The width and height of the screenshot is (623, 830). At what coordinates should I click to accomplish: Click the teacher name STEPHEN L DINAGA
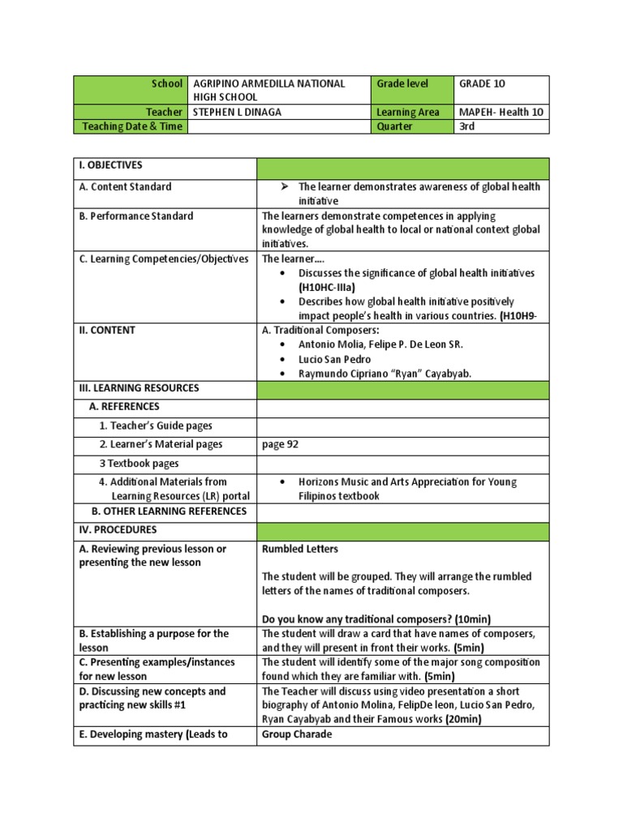[x=236, y=112]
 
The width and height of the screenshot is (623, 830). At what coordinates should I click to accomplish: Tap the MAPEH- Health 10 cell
[x=501, y=112]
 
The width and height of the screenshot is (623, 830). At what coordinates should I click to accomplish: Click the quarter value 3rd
[x=469, y=126]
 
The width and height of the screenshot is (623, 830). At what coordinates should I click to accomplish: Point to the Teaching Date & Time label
[x=131, y=126]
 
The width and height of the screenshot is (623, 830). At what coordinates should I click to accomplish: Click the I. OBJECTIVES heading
[x=110, y=165]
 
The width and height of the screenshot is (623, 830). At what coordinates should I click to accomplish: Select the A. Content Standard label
[x=125, y=186]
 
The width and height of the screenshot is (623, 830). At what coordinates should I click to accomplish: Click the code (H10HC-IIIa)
[x=327, y=287]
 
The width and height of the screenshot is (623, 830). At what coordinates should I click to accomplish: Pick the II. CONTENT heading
[x=107, y=330]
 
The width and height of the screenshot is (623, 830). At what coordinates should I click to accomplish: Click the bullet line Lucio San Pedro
[x=334, y=359]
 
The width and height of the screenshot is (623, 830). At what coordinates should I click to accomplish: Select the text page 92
[x=281, y=444]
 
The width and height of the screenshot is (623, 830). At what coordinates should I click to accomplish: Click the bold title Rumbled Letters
[x=300, y=549]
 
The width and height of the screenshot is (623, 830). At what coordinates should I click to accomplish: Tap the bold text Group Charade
[x=298, y=734]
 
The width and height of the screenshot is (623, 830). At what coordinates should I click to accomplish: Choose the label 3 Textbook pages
[x=139, y=463]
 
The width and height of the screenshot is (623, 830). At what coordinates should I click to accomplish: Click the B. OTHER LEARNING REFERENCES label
[x=169, y=511]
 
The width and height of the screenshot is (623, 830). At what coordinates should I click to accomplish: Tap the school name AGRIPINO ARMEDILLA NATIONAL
[x=269, y=83]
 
